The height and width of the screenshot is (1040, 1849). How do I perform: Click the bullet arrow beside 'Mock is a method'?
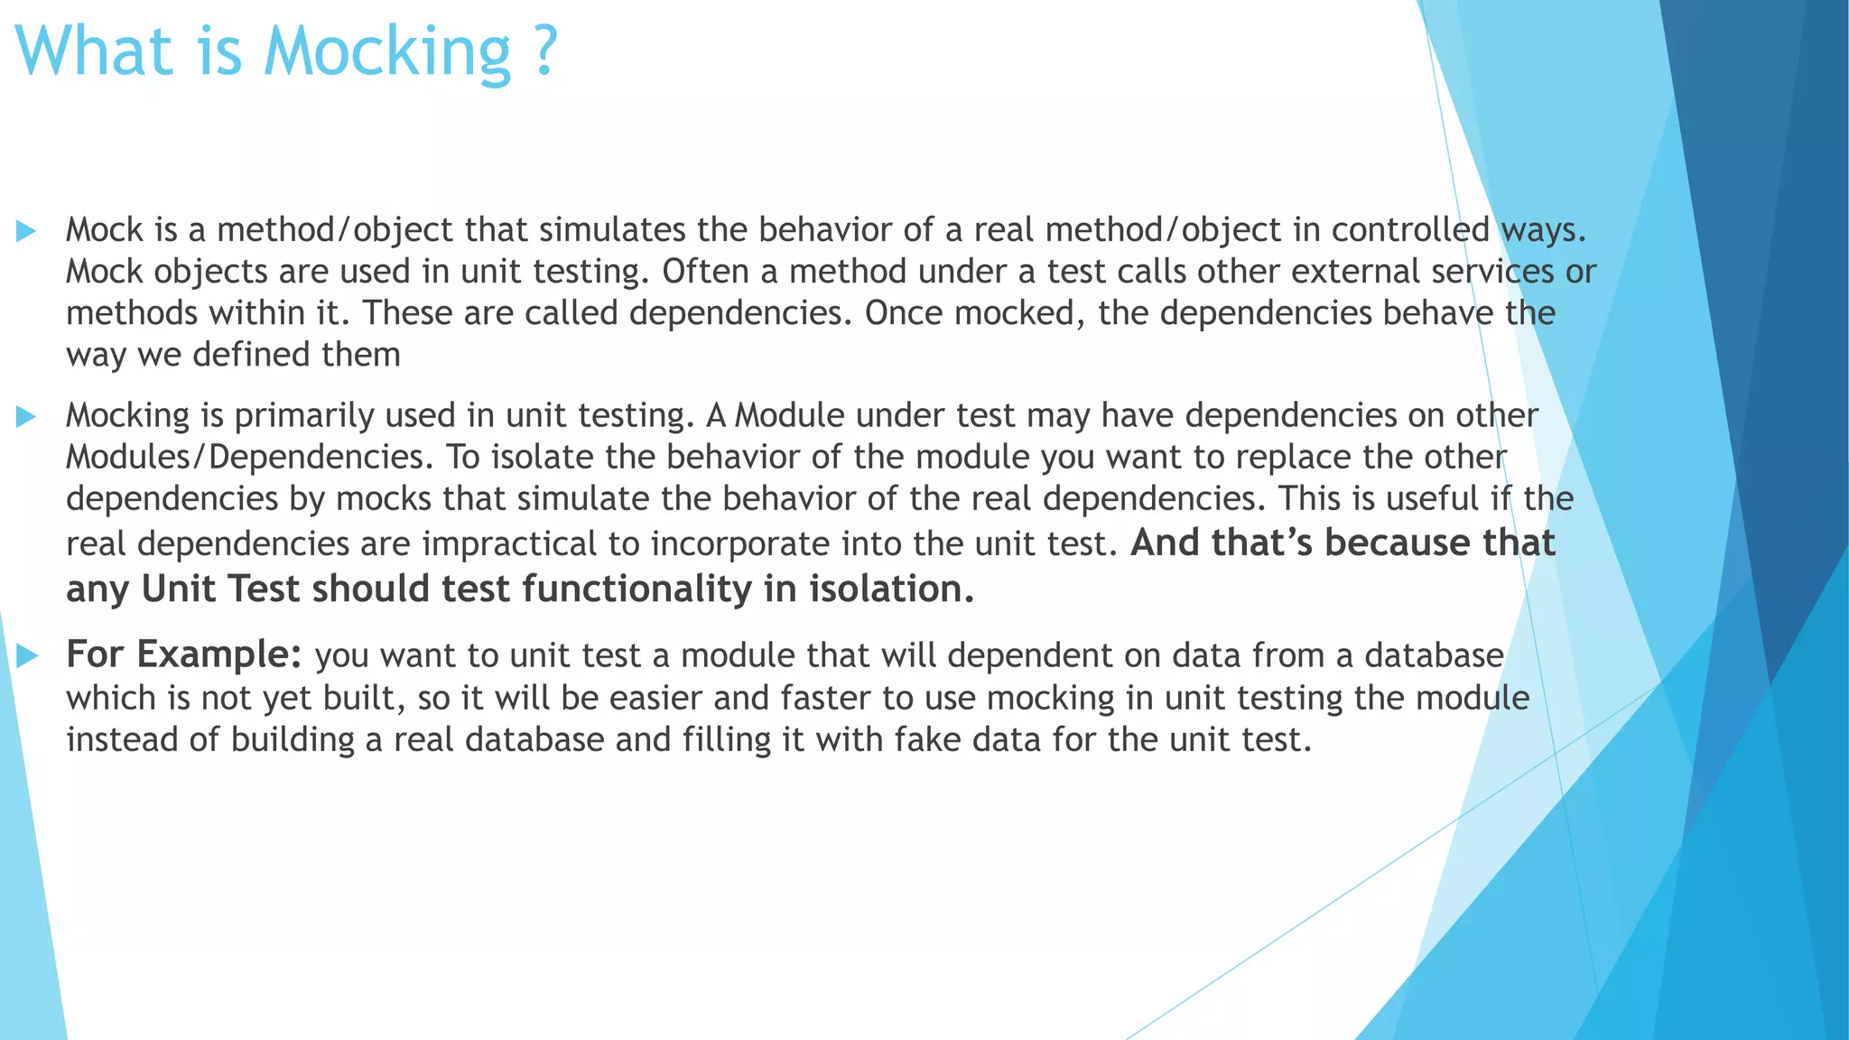click(26, 231)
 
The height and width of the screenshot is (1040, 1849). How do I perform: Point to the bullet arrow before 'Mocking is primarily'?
click(26, 416)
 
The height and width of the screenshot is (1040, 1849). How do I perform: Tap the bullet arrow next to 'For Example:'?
click(27, 655)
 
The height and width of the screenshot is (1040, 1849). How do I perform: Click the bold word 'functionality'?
click(637, 590)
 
